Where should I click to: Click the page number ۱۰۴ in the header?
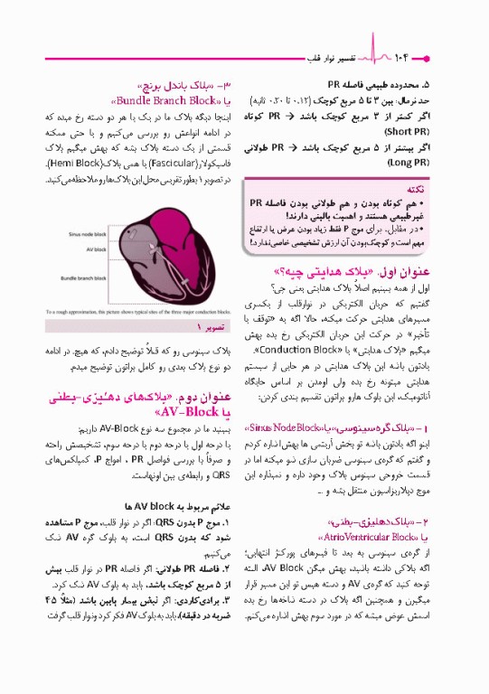405,58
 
